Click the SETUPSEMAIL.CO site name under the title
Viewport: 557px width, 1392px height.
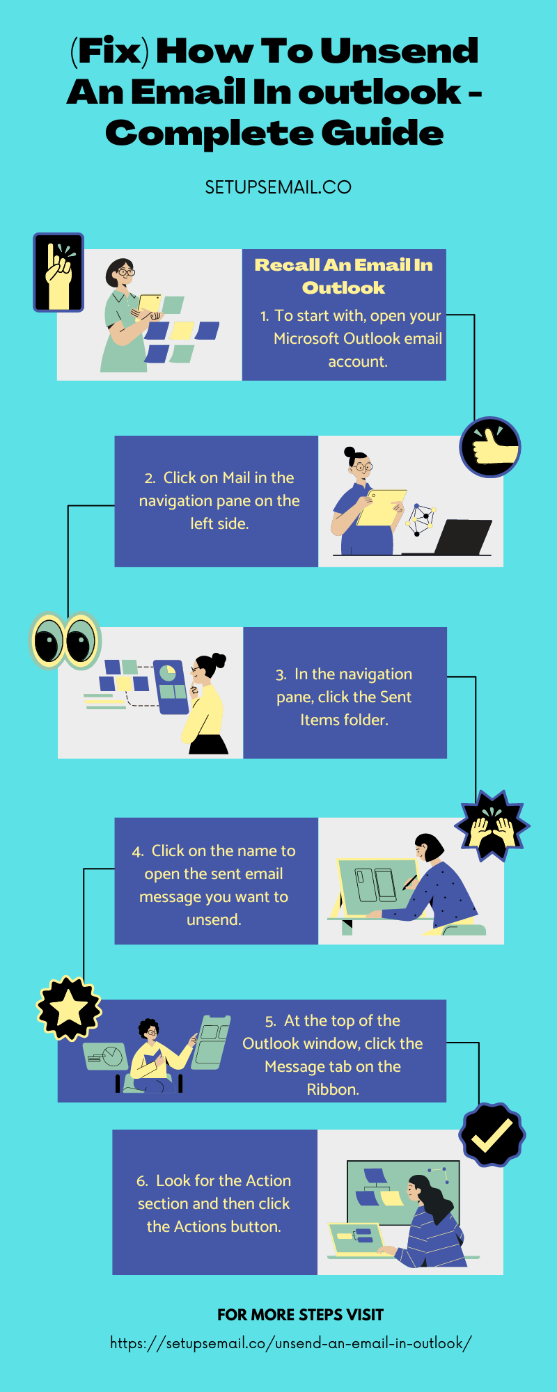click(278, 187)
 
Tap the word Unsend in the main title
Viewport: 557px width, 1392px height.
click(399, 51)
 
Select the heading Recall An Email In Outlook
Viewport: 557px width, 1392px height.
click(344, 276)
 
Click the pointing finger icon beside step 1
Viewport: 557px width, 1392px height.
click(58, 272)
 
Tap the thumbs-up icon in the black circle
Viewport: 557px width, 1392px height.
click(490, 447)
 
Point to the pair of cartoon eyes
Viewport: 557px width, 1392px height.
click(65, 640)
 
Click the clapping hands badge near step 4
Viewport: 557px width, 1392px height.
click(492, 826)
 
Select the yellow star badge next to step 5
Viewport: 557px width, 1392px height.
click(69, 1009)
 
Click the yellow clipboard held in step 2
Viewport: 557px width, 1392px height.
click(381, 507)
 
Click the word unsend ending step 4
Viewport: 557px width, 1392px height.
click(214, 919)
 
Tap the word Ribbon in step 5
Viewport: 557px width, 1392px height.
click(333, 1089)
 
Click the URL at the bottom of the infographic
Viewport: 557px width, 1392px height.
click(291, 1343)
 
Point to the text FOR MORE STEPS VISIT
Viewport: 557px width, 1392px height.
click(300, 1315)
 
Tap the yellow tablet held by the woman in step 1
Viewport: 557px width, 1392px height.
click(149, 303)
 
